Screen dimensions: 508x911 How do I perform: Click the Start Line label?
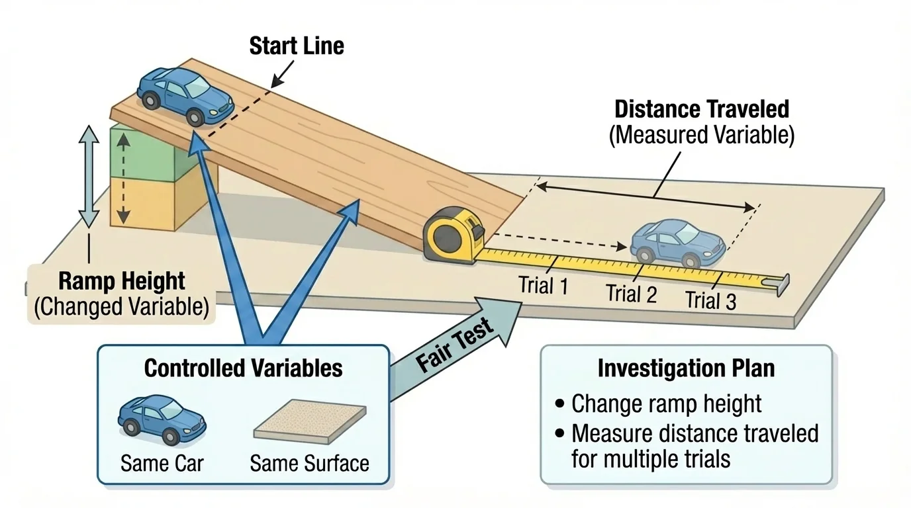point(296,46)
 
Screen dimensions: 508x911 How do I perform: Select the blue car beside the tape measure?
point(677,243)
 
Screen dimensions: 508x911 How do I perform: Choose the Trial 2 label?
point(632,293)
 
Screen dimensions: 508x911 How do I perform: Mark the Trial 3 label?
point(710,300)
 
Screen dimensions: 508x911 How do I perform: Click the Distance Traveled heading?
point(702,109)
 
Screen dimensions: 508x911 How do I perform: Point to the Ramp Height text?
point(123,282)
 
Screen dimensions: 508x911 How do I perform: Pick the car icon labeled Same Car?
point(162,419)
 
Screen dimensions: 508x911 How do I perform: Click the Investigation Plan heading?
point(686,368)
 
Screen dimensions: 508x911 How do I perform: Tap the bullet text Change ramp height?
point(666,403)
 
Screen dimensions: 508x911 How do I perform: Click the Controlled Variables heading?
point(243,368)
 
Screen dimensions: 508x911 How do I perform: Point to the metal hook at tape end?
point(782,284)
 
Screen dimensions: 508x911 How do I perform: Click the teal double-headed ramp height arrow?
point(89,176)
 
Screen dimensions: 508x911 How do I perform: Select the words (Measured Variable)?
point(702,135)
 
